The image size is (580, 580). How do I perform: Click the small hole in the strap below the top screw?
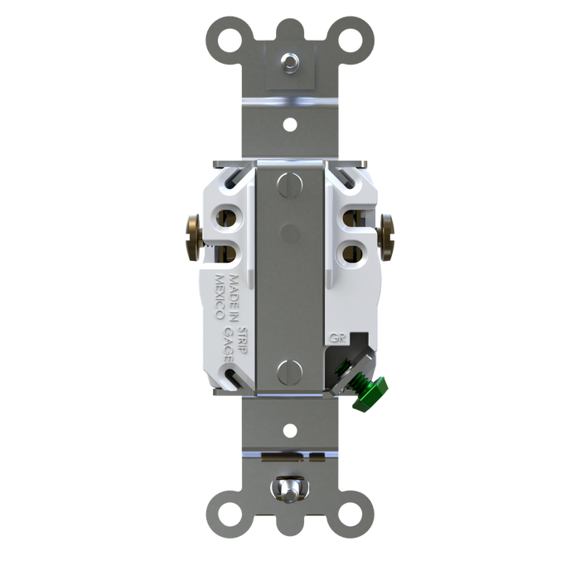(290, 127)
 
